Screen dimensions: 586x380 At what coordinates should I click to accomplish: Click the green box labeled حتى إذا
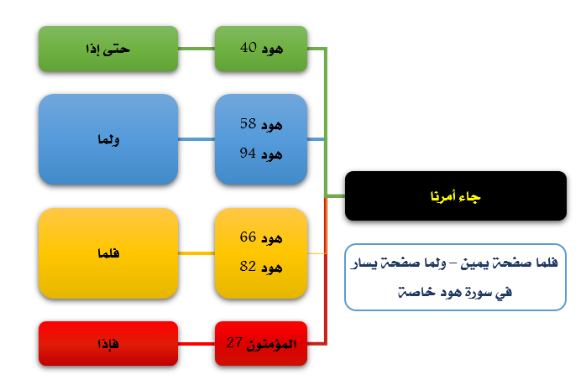click(108, 49)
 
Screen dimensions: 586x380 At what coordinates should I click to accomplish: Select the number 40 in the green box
click(249, 48)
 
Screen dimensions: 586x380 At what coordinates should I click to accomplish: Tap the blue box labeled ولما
click(108, 139)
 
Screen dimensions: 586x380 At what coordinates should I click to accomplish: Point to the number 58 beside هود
click(248, 123)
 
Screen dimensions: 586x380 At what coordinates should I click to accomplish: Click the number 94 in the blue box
click(248, 153)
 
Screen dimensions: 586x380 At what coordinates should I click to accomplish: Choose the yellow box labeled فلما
click(108, 253)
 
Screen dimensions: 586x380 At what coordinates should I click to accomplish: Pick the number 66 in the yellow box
click(248, 237)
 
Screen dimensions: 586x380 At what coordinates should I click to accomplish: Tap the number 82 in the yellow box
click(248, 266)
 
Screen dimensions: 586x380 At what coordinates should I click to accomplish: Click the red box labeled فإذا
click(108, 343)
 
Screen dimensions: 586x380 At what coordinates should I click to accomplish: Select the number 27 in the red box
click(234, 342)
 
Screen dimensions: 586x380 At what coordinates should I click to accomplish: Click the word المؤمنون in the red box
click(271, 344)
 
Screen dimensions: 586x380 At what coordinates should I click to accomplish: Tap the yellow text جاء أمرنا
click(455, 196)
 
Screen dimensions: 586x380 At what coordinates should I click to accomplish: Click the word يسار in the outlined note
click(364, 263)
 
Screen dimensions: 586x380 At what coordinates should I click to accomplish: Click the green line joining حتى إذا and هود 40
click(196, 49)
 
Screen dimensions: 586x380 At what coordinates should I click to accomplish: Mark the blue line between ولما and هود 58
click(196, 139)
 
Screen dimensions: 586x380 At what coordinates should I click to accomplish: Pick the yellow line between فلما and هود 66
click(196, 253)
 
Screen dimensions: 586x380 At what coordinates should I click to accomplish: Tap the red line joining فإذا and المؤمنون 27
click(196, 343)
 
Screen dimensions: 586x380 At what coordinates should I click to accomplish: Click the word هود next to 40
click(272, 49)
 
